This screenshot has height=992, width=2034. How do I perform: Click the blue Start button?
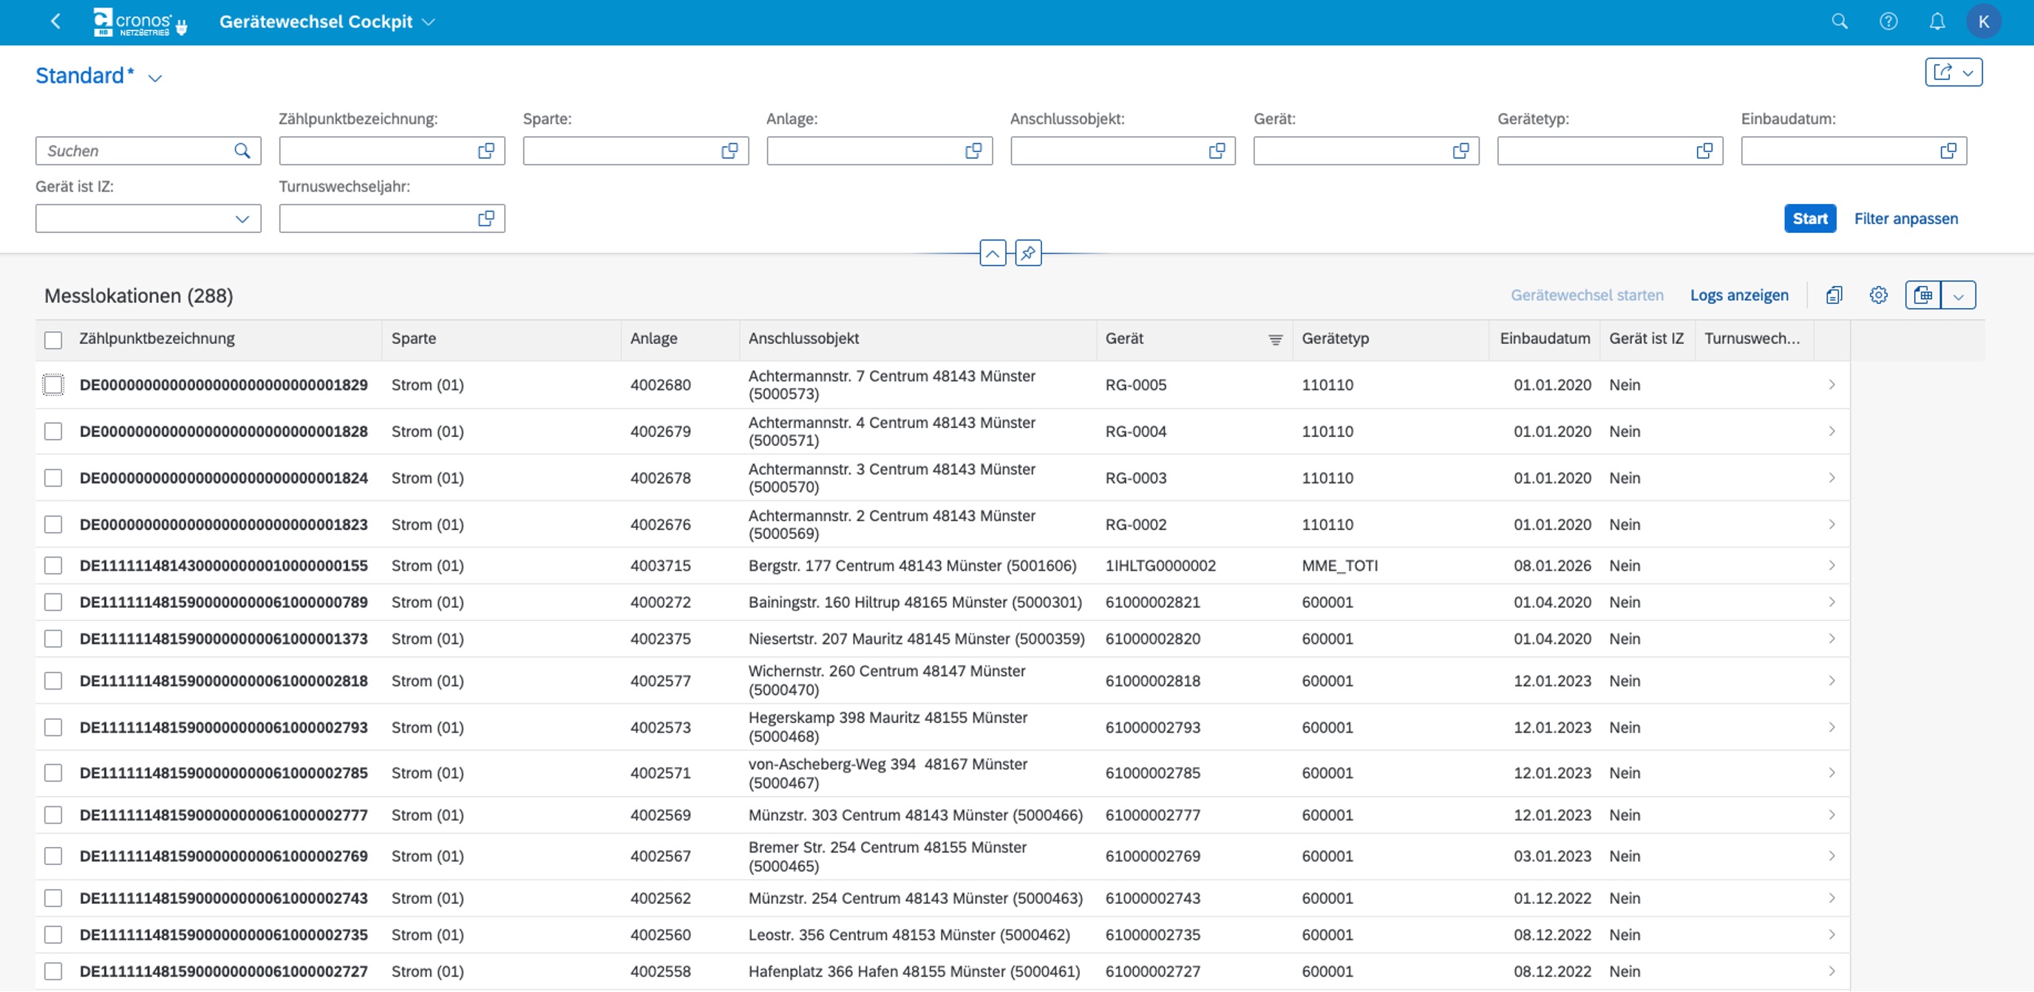point(1810,219)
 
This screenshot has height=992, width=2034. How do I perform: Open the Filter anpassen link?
point(1906,219)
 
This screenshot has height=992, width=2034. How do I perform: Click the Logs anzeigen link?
point(1740,296)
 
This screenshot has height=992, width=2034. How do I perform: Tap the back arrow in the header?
point(55,21)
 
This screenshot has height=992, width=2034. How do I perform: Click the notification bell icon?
point(1937,21)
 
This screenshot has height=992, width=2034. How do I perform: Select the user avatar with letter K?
point(1984,21)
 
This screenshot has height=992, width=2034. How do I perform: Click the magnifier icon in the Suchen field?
point(242,151)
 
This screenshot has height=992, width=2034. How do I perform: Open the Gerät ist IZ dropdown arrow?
point(242,219)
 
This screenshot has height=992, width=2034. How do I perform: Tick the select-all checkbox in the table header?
point(53,339)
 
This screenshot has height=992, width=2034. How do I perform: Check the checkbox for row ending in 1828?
point(53,431)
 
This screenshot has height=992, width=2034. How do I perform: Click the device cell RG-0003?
point(1135,478)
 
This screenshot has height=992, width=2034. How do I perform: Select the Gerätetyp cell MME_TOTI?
point(1340,565)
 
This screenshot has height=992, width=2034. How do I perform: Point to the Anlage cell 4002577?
point(660,681)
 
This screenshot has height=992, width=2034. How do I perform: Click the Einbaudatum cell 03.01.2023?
point(1552,856)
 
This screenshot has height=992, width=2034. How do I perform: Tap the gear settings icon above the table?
point(1879,296)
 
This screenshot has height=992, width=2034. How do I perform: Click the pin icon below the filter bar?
point(1028,254)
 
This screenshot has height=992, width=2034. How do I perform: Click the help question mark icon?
point(1888,21)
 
